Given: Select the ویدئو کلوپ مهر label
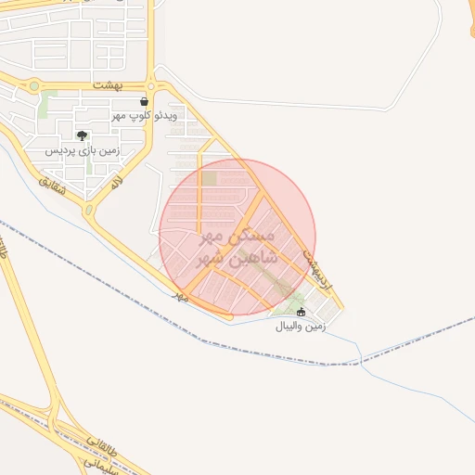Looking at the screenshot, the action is [x=144, y=116].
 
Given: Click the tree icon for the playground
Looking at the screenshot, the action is [x=83, y=135].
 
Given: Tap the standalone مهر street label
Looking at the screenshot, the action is [x=182, y=296].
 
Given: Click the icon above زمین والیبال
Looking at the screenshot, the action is [x=300, y=312].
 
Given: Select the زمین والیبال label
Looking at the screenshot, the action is [x=300, y=327].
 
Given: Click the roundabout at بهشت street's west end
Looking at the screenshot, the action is [x=34, y=86].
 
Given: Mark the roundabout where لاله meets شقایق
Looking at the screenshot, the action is [x=89, y=211].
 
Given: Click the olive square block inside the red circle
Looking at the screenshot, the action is [x=211, y=177].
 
